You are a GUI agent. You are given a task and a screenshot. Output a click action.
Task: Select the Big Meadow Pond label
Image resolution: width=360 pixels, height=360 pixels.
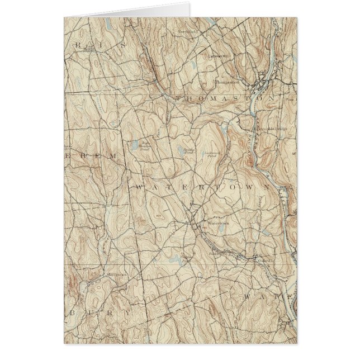[x=144, y=144]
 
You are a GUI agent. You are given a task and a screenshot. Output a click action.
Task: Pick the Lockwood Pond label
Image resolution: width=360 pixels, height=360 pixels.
[x=213, y=155]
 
